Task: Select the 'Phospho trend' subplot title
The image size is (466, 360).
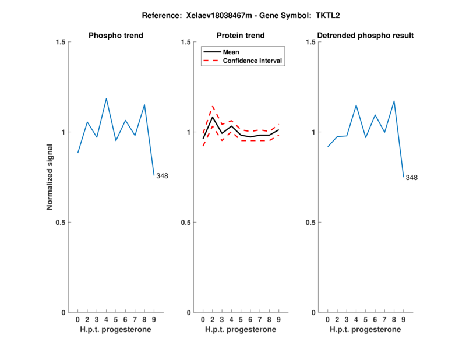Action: point(116,36)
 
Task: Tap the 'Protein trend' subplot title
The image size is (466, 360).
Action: point(241,36)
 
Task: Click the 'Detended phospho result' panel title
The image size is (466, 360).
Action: point(365,36)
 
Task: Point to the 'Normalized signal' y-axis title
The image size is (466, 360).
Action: point(50,177)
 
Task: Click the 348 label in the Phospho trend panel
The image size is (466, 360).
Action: point(162,176)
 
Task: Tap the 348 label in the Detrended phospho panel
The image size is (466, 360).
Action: point(411,178)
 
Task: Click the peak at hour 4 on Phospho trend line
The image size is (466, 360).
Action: point(106,98)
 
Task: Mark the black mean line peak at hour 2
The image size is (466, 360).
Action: point(213,118)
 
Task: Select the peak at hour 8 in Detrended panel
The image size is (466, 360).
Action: point(394,101)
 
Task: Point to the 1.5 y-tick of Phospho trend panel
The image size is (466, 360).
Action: point(61,42)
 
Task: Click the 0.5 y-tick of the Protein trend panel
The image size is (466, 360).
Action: point(185,222)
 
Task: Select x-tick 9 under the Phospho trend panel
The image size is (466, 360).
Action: point(154,319)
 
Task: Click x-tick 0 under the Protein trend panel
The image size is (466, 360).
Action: point(203,319)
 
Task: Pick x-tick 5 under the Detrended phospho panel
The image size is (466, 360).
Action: point(365,319)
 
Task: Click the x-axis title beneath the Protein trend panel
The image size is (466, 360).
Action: point(241,329)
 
